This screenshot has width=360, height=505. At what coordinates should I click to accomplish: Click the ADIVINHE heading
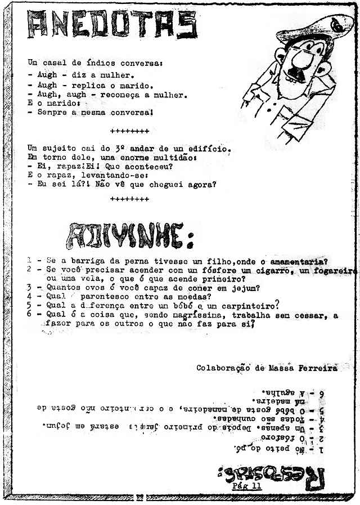tap(131, 235)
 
